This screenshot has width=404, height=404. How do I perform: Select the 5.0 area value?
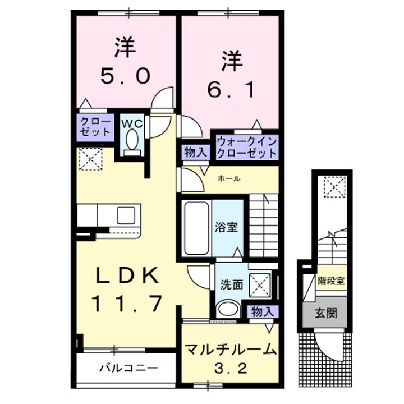click(125, 76)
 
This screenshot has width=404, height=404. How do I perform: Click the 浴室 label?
click(227, 228)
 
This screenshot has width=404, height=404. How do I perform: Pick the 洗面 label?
click(232, 284)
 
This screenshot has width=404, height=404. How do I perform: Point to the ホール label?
click(229, 179)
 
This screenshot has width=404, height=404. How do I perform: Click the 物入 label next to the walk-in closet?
click(196, 153)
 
